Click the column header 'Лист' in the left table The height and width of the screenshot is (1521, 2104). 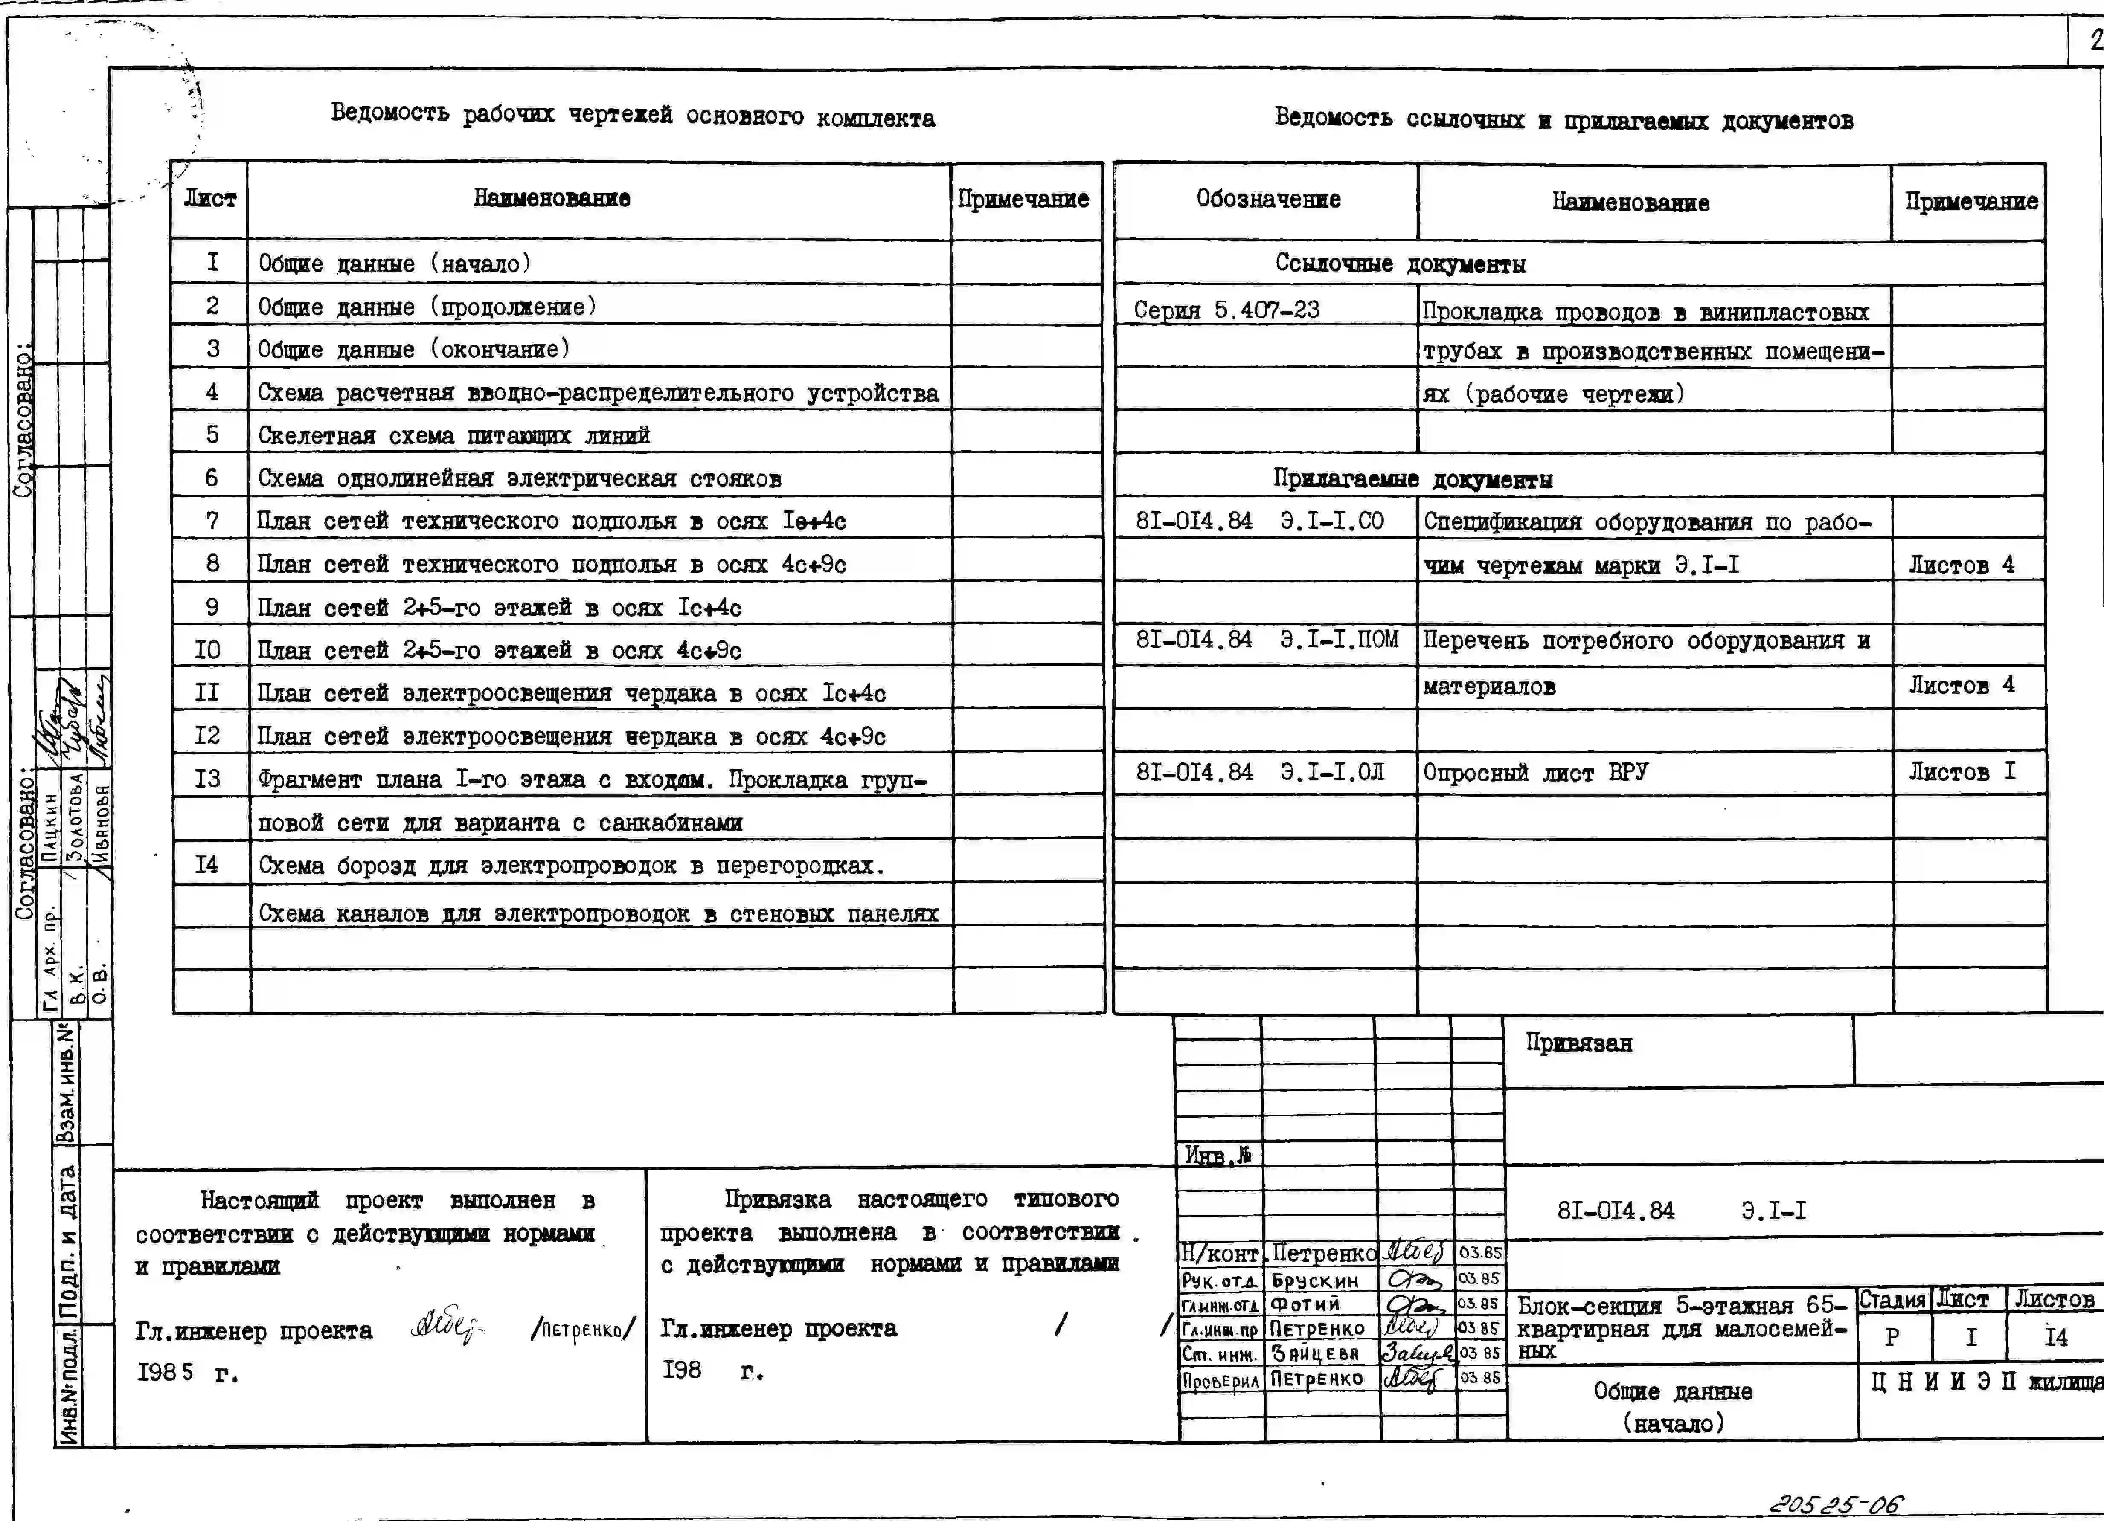tap(209, 198)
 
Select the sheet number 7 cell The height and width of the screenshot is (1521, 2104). tap(212, 520)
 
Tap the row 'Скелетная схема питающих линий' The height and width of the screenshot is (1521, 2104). tap(453, 435)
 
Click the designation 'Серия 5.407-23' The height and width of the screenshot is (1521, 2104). tap(1226, 310)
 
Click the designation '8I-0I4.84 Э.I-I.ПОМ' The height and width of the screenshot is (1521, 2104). tap(1266, 640)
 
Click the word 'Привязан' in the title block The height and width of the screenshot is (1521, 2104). tap(1579, 1043)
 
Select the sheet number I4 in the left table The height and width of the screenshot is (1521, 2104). tap(208, 864)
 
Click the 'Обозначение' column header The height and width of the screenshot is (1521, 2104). tap(1267, 198)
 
